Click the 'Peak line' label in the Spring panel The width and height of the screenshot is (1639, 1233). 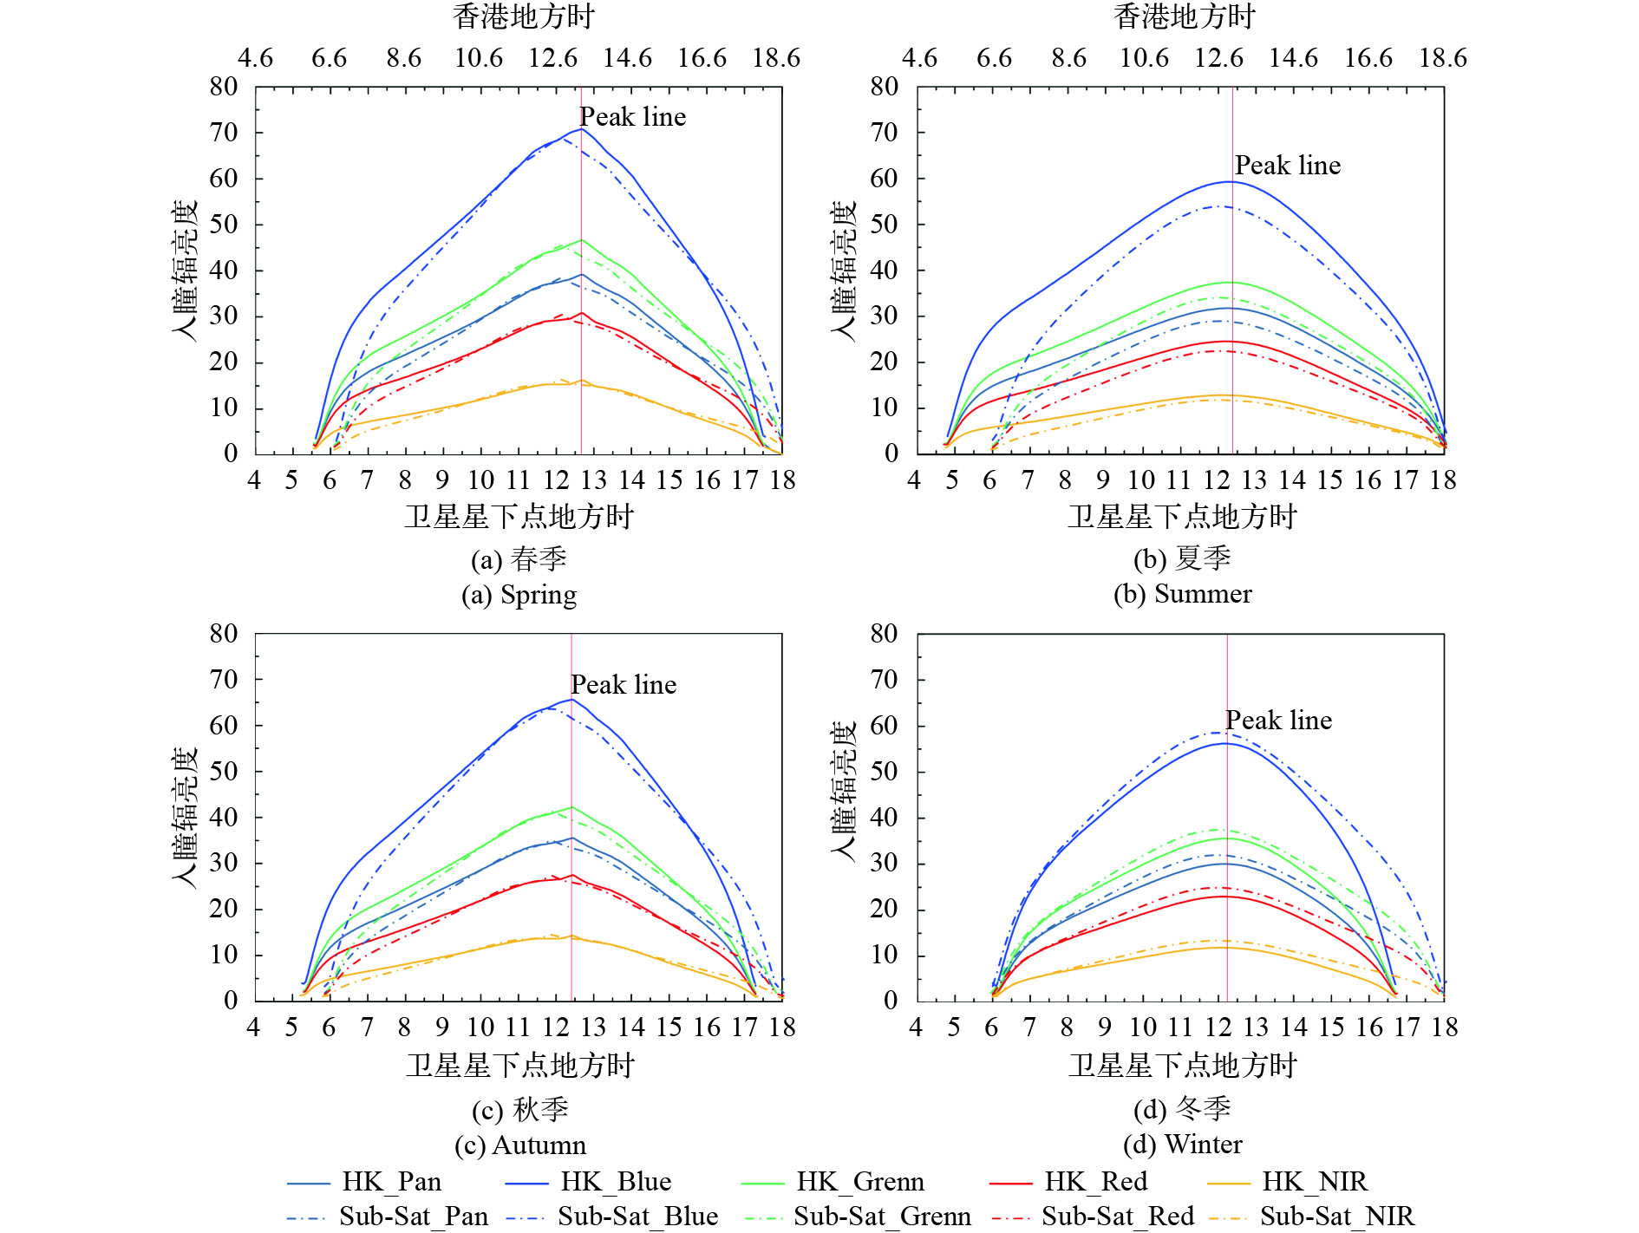[633, 116]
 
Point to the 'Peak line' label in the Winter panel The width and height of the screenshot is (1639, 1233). [1278, 720]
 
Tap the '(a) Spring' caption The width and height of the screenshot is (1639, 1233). [519, 595]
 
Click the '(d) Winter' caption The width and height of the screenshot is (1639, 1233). [1182, 1145]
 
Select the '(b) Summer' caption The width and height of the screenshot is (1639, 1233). [1182, 594]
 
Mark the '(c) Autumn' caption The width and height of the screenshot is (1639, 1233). [519, 1145]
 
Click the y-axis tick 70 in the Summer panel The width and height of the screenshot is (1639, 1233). [884, 133]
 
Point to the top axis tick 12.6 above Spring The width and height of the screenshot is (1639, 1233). [553, 58]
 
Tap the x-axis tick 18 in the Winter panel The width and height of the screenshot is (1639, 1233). [1444, 1027]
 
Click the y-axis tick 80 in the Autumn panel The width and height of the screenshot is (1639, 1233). [223, 634]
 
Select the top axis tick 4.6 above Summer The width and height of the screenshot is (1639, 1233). [919, 58]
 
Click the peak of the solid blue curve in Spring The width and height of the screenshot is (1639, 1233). [581, 128]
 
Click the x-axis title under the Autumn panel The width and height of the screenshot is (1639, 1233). [520, 1065]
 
